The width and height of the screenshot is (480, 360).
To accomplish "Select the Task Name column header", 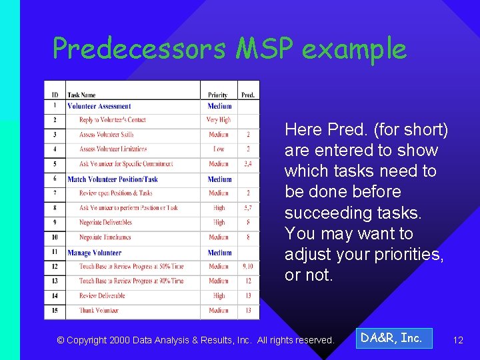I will [81, 95].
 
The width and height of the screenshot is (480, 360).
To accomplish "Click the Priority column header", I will [218, 95].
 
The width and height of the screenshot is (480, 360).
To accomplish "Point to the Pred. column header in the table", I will [248, 95].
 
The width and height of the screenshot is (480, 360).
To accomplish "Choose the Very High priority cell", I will [219, 120].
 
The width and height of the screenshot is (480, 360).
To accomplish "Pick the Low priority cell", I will [219, 149].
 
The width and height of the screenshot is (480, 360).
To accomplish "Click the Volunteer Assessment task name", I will [99, 106].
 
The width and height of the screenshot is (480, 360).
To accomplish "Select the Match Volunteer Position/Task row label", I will [113, 179].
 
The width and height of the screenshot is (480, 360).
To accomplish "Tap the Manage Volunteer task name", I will [95, 253].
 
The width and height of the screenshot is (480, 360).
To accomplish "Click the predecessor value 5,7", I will [248, 208].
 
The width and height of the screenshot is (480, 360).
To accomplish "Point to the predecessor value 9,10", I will [248, 267].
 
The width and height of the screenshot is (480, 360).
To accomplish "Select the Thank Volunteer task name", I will [99, 311].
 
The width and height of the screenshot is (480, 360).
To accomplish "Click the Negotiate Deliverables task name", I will [105, 223].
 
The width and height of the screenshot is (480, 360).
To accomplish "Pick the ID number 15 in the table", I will [55, 311].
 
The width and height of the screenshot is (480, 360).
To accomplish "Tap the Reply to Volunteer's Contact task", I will [112, 120].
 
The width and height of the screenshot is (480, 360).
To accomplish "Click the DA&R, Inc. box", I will [391, 338].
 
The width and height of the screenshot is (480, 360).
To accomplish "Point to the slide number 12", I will [458, 340].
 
